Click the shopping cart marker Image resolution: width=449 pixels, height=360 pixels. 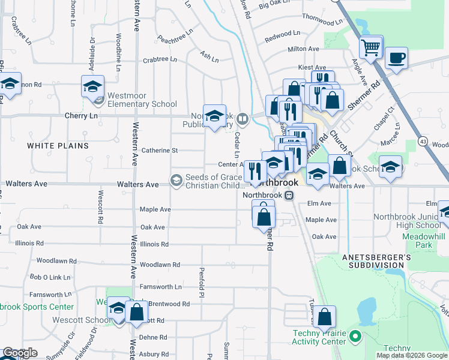(x=371, y=47)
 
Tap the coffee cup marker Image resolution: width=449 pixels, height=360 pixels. (x=396, y=59)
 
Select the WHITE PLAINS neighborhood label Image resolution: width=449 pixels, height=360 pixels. (x=58, y=146)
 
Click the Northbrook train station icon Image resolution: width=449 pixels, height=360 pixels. (x=289, y=195)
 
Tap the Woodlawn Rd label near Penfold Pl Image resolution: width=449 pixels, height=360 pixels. (x=160, y=265)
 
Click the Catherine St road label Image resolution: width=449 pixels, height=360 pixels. (x=159, y=151)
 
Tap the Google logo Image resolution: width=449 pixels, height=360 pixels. (x=20, y=353)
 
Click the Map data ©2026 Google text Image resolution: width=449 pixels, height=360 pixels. (x=411, y=355)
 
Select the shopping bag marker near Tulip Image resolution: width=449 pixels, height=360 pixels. (x=324, y=317)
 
